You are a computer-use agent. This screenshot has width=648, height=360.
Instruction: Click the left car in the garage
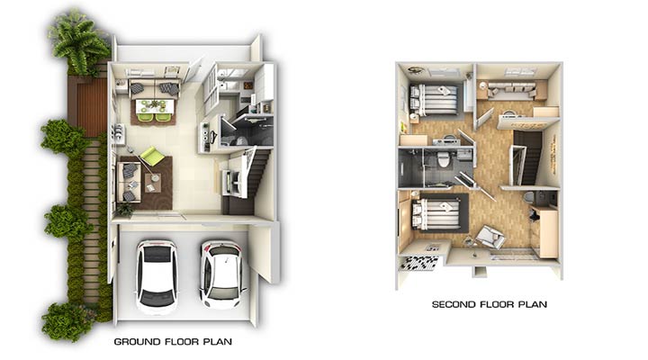click(157, 276)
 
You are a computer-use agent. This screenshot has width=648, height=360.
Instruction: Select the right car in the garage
click(221, 274)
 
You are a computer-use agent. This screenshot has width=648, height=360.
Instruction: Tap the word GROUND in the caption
click(137, 342)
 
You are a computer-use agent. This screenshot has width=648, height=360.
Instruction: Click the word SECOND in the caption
click(454, 304)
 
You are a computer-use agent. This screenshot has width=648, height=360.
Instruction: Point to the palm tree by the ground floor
click(78, 41)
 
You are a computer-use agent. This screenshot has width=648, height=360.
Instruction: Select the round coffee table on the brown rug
click(155, 177)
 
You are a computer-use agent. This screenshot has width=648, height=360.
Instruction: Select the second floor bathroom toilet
click(443, 158)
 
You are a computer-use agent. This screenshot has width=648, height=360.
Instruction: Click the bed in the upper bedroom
click(433, 99)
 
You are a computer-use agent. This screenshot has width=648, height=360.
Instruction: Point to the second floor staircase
click(527, 157)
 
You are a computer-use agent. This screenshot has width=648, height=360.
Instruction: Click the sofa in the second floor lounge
click(511, 90)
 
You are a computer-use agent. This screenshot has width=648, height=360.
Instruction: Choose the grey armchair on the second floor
click(490, 237)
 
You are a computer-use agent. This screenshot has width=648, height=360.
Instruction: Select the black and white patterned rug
click(418, 263)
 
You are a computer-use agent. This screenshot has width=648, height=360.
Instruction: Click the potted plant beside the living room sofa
click(125, 209)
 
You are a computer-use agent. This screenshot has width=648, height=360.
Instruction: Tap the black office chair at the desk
click(534, 213)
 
